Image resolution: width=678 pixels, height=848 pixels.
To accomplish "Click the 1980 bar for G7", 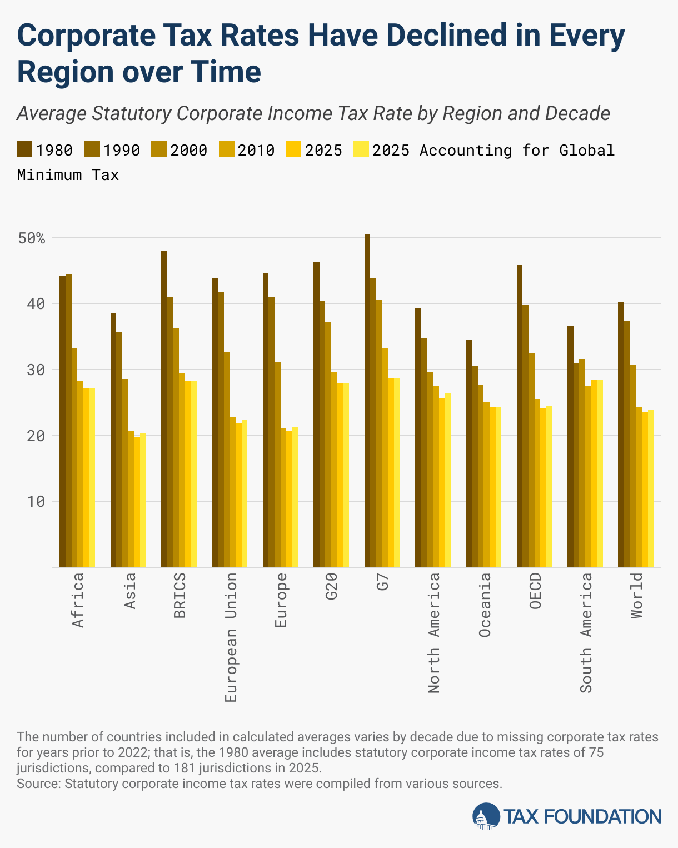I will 367,400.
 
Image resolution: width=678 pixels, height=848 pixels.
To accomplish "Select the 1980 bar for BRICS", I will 164,408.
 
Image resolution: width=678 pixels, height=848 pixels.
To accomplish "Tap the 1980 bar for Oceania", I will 468,453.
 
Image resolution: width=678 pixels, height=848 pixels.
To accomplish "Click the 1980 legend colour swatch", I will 24,150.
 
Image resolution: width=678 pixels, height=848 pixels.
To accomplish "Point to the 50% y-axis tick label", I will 31,238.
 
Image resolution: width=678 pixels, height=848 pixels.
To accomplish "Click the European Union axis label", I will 231,637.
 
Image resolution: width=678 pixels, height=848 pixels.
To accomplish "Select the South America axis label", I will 586,633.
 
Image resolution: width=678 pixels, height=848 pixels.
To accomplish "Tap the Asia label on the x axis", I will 129,591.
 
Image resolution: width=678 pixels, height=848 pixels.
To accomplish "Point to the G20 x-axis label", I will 332,587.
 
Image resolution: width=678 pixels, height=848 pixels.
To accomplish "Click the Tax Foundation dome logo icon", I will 486,816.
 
